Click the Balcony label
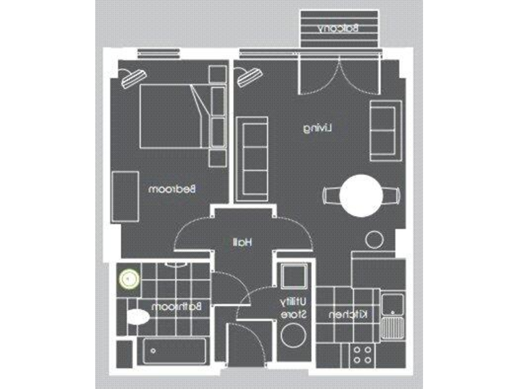point(339,28)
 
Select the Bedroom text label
point(172,190)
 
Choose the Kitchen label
point(348,315)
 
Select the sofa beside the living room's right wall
point(386,130)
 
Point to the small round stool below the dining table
point(373,240)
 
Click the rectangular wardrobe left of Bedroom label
point(125,196)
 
